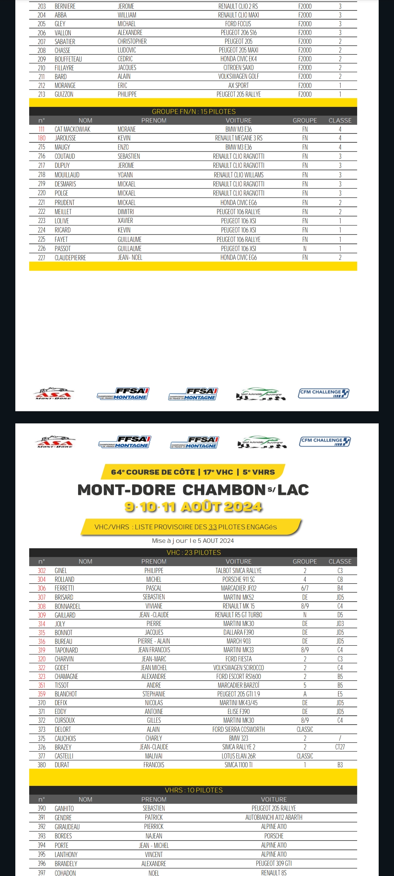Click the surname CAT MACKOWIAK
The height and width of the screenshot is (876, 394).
click(x=72, y=129)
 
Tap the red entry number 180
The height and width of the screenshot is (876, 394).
click(x=42, y=138)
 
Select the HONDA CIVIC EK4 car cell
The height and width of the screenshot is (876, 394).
click(x=238, y=59)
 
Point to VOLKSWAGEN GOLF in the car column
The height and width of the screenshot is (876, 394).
click(x=238, y=76)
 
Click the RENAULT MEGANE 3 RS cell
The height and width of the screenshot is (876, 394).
click(x=238, y=138)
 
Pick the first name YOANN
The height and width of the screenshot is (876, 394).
click(x=125, y=175)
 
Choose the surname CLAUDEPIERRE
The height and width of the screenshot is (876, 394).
click(x=70, y=258)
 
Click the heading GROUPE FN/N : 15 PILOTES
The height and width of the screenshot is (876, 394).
click(x=193, y=111)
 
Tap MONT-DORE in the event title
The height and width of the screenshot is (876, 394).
click(x=126, y=490)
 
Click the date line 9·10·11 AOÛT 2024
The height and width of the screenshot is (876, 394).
click(x=193, y=507)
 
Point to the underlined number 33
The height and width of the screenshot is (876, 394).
click(x=212, y=527)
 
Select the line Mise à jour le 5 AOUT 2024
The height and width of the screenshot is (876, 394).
click(x=193, y=541)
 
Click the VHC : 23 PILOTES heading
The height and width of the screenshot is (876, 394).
click(x=193, y=553)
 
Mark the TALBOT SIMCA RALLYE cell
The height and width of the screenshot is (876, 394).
click(x=238, y=570)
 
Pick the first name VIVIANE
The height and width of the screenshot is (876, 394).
click(x=154, y=606)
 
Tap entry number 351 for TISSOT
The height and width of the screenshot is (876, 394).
click(x=42, y=685)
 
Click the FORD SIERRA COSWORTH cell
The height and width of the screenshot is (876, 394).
click(x=238, y=729)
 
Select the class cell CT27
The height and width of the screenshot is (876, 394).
click(x=340, y=747)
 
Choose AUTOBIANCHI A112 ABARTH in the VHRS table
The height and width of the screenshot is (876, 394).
click(x=274, y=818)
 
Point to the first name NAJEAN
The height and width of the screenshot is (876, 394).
click(x=154, y=836)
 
